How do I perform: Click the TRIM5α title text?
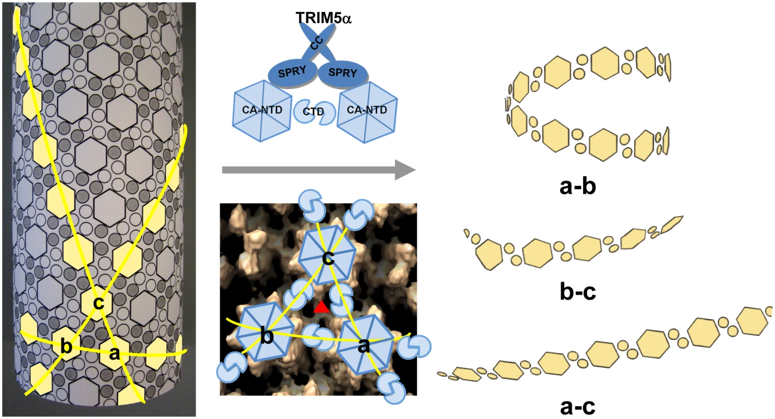[x=324, y=18]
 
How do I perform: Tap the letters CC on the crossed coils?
[x=316, y=43]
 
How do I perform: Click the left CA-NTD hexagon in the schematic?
[x=262, y=111]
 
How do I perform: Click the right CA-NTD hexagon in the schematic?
[x=367, y=112]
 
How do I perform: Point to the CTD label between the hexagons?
[x=313, y=112]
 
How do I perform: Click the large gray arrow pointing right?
[x=318, y=170]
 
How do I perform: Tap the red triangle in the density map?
[x=322, y=307]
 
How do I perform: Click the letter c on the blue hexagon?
[x=328, y=258]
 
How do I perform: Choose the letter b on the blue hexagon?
[x=266, y=335]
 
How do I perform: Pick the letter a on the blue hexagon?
[x=363, y=346]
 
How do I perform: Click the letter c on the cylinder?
[x=99, y=303]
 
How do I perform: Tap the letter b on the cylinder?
[x=66, y=346]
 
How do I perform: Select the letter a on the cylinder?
[x=114, y=354]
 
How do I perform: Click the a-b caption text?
[x=578, y=186]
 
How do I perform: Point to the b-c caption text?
[x=578, y=292]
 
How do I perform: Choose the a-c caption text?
[x=578, y=407]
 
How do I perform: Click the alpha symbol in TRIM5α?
[x=345, y=19]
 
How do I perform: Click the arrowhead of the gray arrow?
[x=405, y=170]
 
